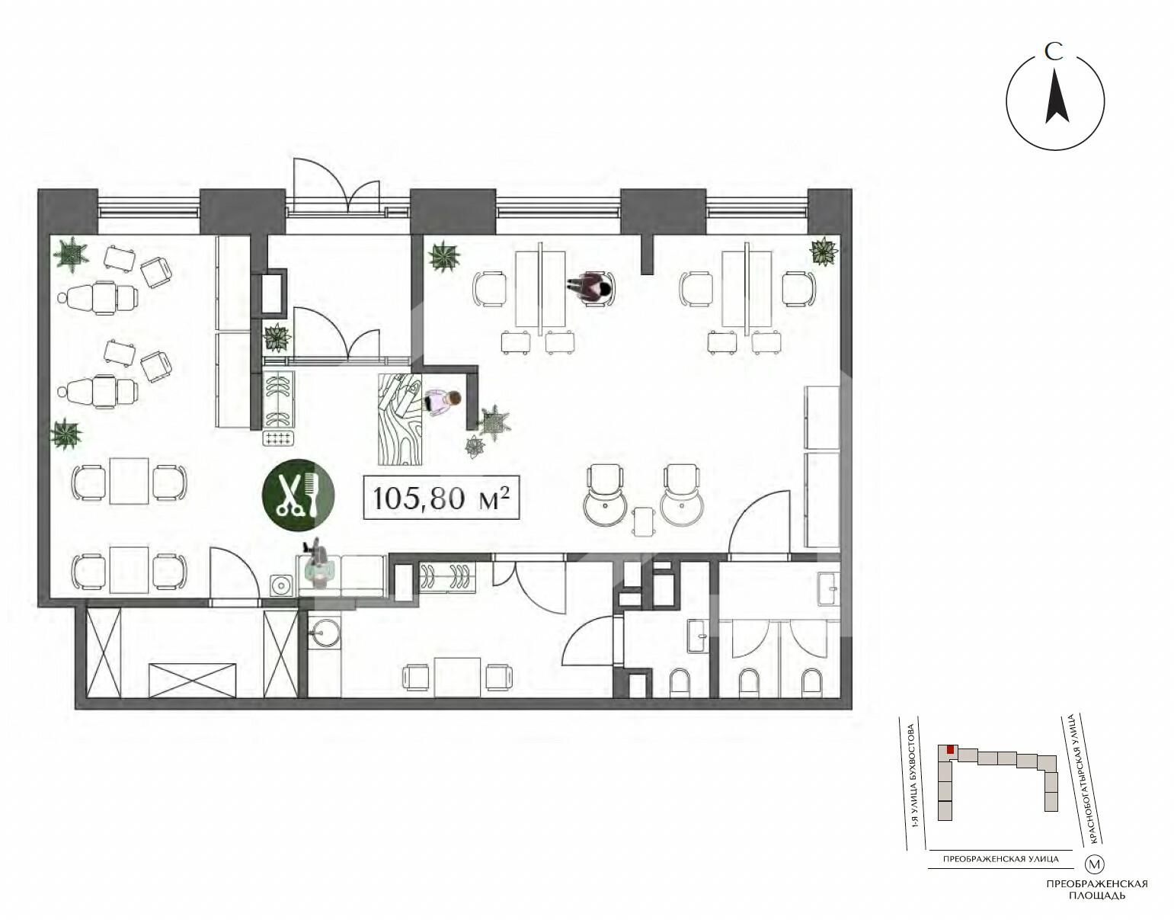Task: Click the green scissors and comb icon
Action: [298, 495]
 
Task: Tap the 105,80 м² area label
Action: [441, 497]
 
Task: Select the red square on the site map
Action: [950, 750]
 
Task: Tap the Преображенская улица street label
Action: [1000, 860]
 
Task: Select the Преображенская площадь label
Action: [1097, 890]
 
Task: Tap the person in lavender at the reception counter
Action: [442, 402]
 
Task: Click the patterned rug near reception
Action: [400, 419]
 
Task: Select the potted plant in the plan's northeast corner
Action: [824, 251]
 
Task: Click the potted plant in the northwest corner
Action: [71, 254]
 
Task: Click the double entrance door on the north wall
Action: [336, 187]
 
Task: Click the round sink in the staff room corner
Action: [325, 630]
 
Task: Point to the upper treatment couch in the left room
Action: [98, 298]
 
